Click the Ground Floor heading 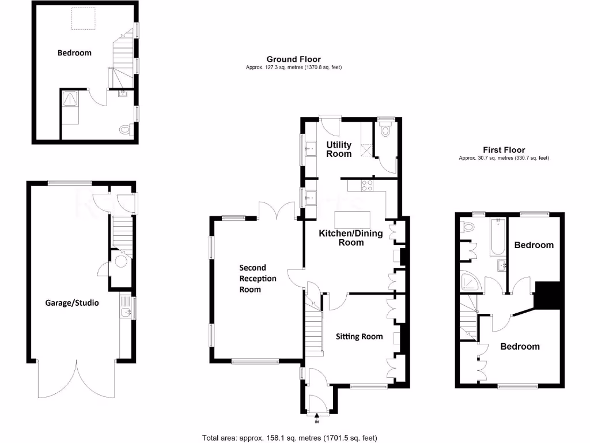pyautogui.click(x=293, y=59)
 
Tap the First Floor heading pyautogui.click(x=500, y=150)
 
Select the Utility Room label pyautogui.click(x=339, y=149)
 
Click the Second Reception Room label pyautogui.click(x=258, y=279)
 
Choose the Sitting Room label pyautogui.click(x=359, y=336)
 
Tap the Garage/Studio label pyautogui.click(x=72, y=302)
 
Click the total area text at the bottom pyautogui.click(x=290, y=437)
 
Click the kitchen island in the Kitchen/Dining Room pyautogui.click(x=353, y=220)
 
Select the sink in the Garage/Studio pyautogui.click(x=126, y=313)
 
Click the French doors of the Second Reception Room pyautogui.click(x=277, y=211)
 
